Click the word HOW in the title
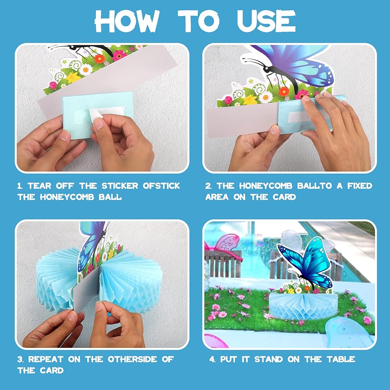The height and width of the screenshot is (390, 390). point(127,21)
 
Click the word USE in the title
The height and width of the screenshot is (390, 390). point(266,21)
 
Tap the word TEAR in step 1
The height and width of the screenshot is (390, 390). point(40,186)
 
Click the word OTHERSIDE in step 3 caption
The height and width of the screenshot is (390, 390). point(132,359)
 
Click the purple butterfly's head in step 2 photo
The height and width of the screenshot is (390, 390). point(268,67)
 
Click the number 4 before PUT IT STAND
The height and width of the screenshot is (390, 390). point(212,359)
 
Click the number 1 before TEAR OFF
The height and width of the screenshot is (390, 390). point(19,186)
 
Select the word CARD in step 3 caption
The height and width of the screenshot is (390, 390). point(52,370)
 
